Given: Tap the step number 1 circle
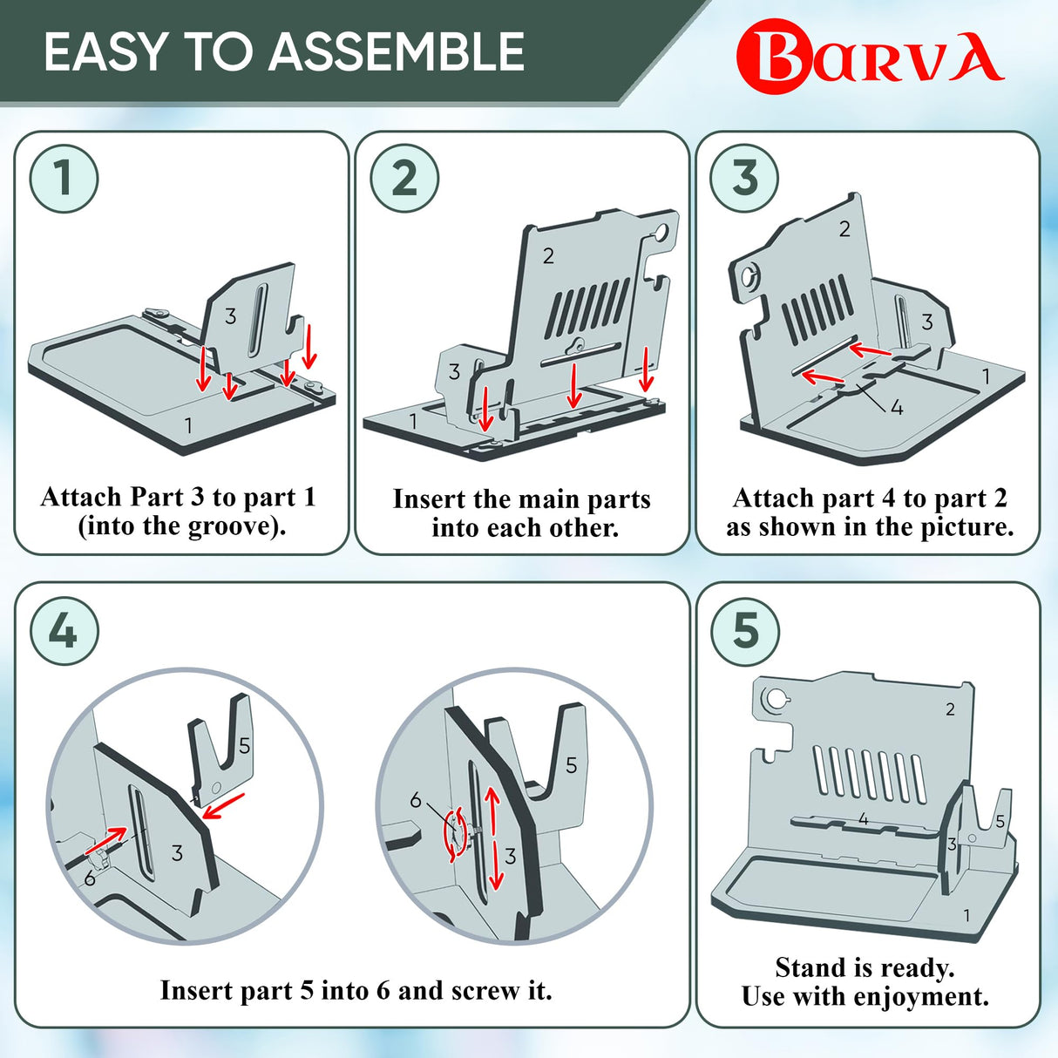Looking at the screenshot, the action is [64, 178].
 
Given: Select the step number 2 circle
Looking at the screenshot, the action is [404, 178].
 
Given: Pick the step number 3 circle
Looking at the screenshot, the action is [744, 178].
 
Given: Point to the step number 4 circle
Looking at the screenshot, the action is [64, 631].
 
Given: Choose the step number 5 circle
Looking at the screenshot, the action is [745, 631].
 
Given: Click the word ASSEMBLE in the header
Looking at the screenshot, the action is [396, 51].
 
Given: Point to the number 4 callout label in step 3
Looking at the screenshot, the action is [896, 408].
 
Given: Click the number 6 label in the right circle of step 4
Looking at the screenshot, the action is [417, 801].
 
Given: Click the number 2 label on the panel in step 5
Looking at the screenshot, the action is [951, 709].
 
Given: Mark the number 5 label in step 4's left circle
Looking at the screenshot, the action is [244, 746].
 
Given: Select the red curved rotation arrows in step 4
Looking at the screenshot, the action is [457, 835].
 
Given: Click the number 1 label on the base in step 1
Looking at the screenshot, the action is [188, 425].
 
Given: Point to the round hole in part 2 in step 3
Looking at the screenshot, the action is [749, 276].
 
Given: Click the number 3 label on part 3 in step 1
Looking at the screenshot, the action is [231, 315].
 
